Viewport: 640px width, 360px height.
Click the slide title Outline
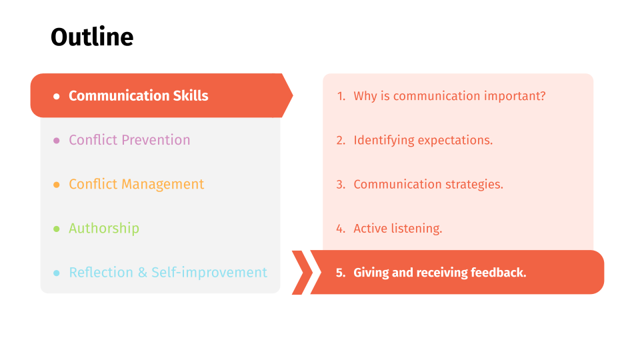[92, 37]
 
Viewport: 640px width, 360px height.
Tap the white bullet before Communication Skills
[56, 96]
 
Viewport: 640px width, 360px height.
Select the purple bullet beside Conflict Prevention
[56, 141]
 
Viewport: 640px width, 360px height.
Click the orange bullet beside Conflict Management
[56, 185]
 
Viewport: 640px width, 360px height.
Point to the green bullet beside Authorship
[56, 229]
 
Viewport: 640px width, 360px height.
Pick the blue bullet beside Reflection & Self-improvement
[56, 273]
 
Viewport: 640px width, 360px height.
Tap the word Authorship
[104, 229]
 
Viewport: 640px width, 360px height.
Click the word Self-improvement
[209, 272]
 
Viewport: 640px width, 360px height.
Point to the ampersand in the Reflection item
[143, 273]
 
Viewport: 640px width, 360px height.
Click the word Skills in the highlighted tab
[191, 95]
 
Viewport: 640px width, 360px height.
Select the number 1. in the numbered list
[341, 96]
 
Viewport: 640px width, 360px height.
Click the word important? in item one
[515, 96]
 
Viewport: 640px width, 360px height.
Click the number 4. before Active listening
[341, 229]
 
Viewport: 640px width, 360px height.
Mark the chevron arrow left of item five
[303, 272]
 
